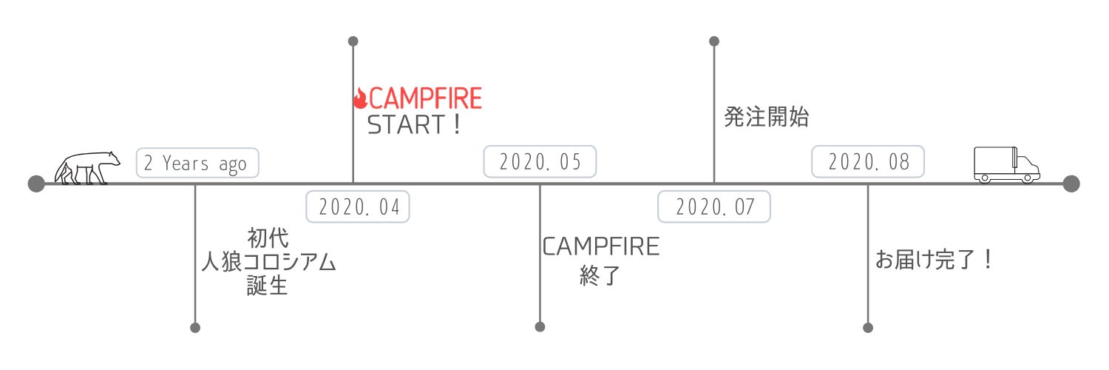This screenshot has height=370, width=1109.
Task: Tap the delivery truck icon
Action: [x=1006, y=165]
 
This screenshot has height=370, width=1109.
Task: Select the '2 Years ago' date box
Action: [x=197, y=163]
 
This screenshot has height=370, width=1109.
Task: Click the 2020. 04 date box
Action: [x=358, y=206]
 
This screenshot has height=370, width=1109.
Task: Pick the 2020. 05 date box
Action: [x=540, y=161]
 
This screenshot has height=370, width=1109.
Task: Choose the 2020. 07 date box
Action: [x=714, y=206]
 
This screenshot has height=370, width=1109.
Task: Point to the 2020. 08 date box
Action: [x=868, y=161]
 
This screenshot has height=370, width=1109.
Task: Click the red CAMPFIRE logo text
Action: [x=425, y=98]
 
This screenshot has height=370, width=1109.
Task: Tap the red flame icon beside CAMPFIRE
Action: [x=361, y=98]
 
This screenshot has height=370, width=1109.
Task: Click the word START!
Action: [x=414, y=125]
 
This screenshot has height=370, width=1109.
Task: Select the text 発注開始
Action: [x=767, y=117]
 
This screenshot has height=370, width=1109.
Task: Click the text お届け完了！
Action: [x=934, y=260]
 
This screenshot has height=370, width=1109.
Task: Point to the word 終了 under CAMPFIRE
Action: [x=600, y=275]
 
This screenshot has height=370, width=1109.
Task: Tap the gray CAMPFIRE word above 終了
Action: [x=601, y=246]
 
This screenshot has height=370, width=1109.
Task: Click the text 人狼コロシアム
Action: [x=268, y=261]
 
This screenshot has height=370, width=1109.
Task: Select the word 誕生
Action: [x=268, y=286]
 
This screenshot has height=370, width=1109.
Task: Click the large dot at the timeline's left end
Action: [x=36, y=184]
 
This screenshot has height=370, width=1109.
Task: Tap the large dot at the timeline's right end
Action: [x=1071, y=184]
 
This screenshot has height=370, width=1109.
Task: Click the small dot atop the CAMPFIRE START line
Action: [x=353, y=41]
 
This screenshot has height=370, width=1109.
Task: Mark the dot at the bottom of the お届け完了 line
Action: [x=868, y=328]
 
